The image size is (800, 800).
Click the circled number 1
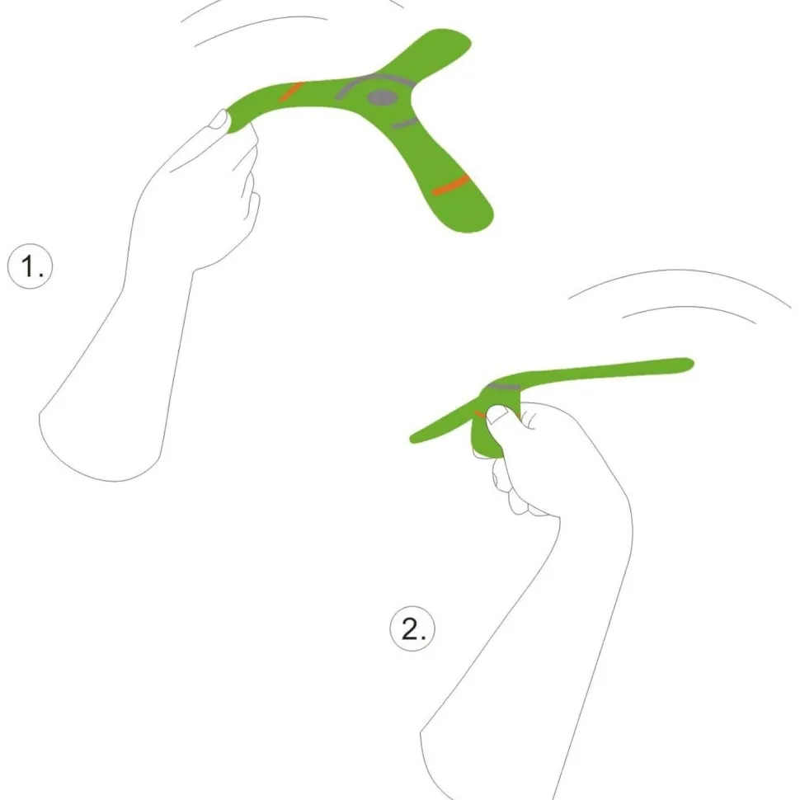pos(30,266)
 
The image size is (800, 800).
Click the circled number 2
pos(412,628)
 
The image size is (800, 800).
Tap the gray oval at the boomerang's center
pos(382,98)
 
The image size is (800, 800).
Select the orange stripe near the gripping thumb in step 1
pos(291,92)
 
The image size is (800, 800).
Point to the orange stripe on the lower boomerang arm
pos(450,185)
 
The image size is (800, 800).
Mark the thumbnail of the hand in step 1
pos(219,119)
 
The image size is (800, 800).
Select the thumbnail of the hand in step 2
pos(497,414)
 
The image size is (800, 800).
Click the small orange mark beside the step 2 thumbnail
pos(480,414)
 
